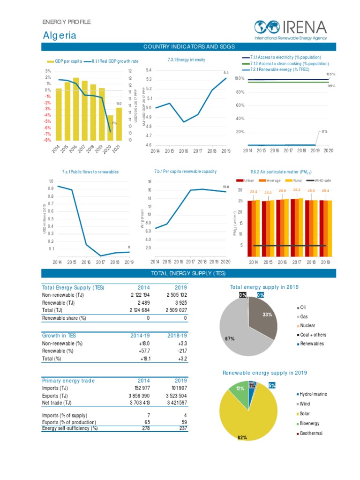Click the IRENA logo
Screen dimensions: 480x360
click(290, 30)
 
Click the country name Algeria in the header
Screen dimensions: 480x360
click(60, 36)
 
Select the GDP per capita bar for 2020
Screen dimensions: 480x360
click(111, 127)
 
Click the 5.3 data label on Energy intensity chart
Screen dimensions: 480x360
click(225, 73)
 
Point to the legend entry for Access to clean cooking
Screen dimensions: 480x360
click(289, 63)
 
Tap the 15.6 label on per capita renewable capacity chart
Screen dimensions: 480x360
click(225, 187)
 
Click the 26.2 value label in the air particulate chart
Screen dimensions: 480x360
click(296, 190)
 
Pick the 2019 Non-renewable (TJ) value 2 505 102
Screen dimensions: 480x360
click(177, 295)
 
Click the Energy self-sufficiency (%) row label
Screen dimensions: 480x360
click(70, 428)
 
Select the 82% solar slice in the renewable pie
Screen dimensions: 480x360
click(248, 417)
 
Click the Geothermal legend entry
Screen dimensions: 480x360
click(311, 434)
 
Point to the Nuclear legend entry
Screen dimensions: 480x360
click(307, 326)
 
